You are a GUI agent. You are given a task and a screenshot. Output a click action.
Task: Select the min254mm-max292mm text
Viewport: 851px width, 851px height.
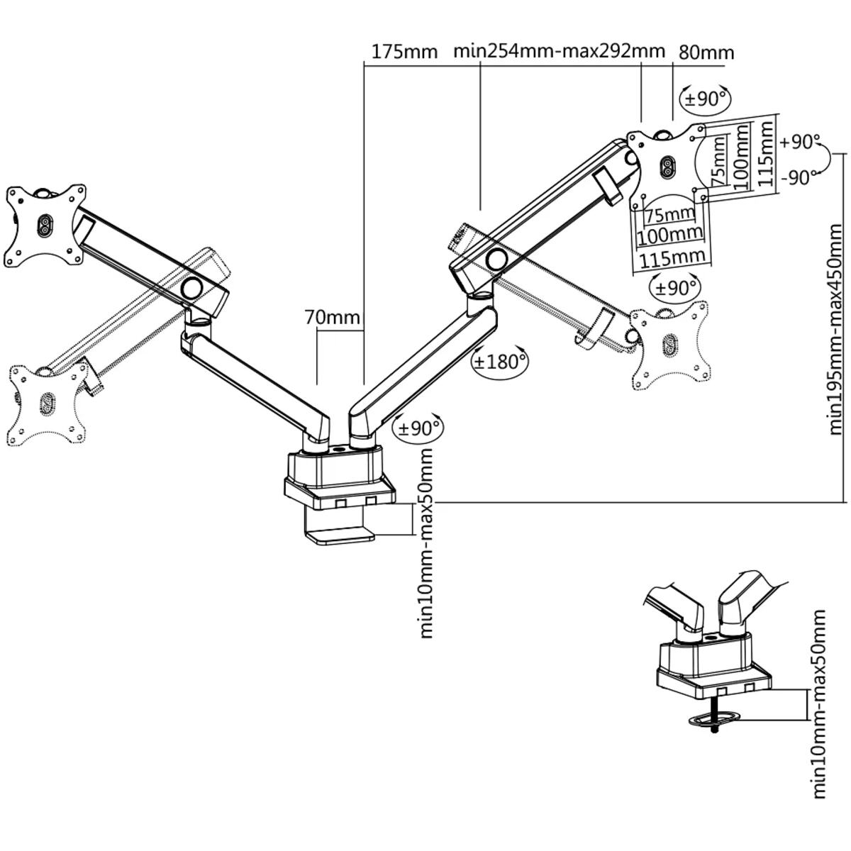(x=559, y=51)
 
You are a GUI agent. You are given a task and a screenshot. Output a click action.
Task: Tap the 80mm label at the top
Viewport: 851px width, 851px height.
(x=706, y=52)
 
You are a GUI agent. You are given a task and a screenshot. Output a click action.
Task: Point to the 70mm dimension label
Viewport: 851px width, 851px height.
(x=333, y=316)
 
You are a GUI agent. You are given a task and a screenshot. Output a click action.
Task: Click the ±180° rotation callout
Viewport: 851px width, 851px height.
(x=500, y=362)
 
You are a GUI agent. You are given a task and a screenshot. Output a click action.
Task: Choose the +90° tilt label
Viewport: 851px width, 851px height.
(x=799, y=142)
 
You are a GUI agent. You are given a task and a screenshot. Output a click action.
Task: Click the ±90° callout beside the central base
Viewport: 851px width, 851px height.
(x=418, y=428)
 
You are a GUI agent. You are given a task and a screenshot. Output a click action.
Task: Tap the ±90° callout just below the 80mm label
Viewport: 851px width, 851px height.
(x=705, y=99)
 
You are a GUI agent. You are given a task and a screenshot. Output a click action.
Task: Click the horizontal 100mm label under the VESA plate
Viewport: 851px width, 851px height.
(x=670, y=233)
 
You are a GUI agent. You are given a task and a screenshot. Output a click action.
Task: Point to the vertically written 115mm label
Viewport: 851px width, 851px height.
(x=764, y=153)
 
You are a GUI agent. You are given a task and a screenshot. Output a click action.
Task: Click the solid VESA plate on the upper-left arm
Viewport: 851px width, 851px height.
(x=44, y=225)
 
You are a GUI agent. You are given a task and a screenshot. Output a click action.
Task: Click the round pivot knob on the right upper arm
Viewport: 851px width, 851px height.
(x=497, y=258)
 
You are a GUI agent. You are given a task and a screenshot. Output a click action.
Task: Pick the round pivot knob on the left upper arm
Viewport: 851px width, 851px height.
(x=191, y=288)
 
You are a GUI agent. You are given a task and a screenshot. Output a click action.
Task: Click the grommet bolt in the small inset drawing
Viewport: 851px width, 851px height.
(x=715, y=723)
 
